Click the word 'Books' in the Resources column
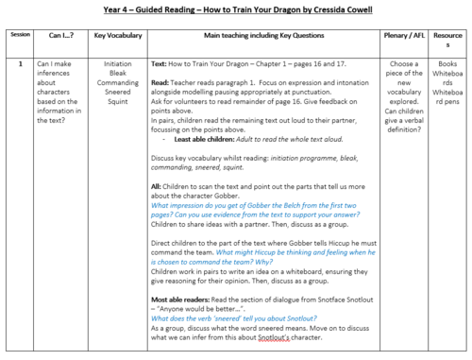tap(448, 65)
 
